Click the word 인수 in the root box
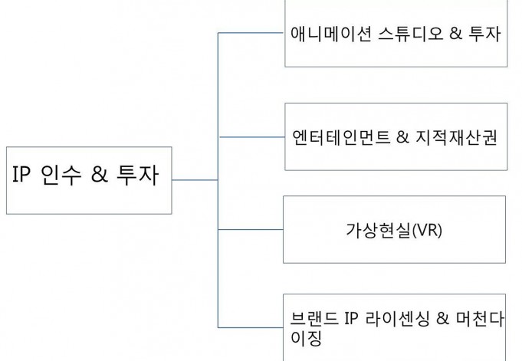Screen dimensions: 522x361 point(61,175)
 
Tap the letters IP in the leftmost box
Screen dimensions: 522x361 point(21,174)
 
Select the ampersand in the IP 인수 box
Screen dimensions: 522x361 point(100,174)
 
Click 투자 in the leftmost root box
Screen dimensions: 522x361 point(137,175)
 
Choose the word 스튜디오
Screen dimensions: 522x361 point(411,34)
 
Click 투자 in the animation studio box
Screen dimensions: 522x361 point(484,34)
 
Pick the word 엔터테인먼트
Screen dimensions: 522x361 point(341,137)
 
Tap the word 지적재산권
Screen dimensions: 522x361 point(456,137)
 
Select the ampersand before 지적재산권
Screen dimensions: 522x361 point(402,137)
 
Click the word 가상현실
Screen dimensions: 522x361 point(378,230)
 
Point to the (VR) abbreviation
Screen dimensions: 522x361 point(427,230)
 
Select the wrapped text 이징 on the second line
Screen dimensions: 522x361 point(306,338)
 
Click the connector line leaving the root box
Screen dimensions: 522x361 point(195,180)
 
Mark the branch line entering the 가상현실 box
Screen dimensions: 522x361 point(251,229)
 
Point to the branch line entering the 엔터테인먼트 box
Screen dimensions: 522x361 point(252,137)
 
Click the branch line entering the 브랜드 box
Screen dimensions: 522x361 point(251,327)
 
